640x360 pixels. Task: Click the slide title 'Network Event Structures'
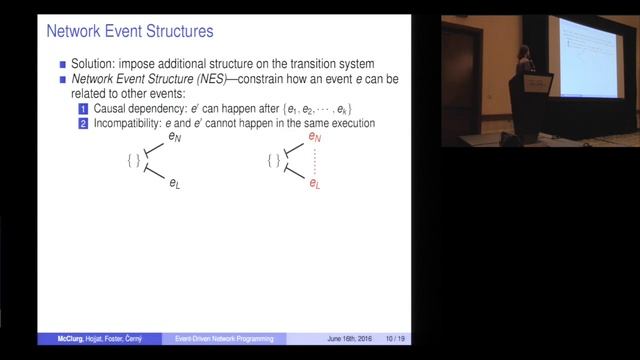130,32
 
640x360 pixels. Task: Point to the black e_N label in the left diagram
174,137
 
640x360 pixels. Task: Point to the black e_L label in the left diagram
174,184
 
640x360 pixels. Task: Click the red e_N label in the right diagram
314,137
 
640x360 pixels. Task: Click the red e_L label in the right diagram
314,184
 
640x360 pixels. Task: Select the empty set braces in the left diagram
133,160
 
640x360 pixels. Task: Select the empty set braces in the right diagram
273,160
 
